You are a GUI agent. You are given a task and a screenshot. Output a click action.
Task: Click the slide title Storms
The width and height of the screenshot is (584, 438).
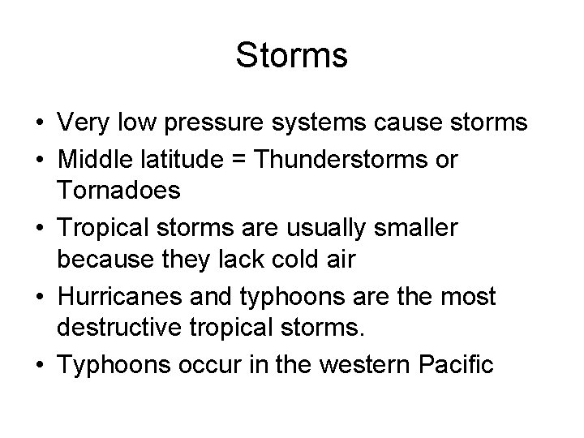point(291,56)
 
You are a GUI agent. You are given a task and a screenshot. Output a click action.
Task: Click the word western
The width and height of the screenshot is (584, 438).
point(357,364)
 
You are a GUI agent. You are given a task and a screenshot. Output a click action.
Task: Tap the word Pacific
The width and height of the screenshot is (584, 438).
point(453,364)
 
